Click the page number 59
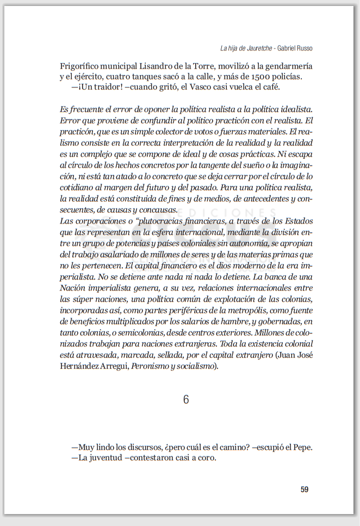304,489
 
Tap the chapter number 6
185,400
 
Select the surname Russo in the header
303,48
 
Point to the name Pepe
305,447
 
